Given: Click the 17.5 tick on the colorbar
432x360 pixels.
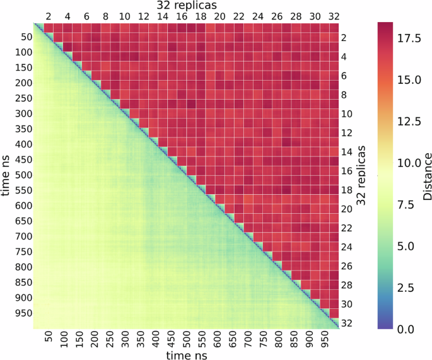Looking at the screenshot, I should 411,39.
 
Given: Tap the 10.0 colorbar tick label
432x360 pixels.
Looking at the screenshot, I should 411,163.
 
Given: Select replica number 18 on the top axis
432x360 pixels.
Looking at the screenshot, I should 201,16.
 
